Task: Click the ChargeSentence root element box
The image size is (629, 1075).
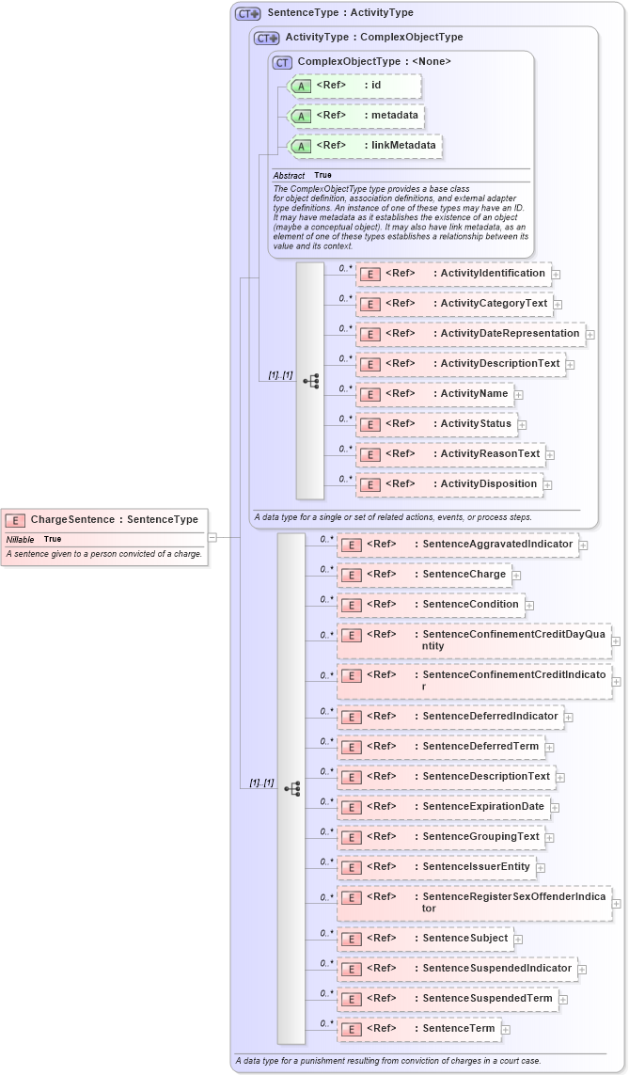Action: coord(103,519)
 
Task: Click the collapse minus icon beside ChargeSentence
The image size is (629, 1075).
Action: coord(212,537)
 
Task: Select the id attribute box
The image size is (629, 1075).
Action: coord(355,87)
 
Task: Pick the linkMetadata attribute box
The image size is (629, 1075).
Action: coord(366,147)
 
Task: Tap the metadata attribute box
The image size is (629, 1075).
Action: coord(356,117)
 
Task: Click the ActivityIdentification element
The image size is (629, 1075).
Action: coord(453,274)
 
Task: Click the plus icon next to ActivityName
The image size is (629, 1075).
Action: coord(519,395)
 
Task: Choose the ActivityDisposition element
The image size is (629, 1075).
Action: coord(449,484)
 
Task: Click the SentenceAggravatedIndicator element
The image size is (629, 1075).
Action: coord(457,545)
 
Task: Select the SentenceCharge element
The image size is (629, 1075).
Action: coord(424,575)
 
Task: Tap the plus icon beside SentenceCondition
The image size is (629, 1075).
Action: coord(529,606)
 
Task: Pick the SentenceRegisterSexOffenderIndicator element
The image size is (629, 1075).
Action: coord(474,903)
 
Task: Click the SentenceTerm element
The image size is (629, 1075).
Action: coord(418,1029)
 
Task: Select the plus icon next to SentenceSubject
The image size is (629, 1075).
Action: coord(519,940)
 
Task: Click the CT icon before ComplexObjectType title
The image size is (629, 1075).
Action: coord(282,62)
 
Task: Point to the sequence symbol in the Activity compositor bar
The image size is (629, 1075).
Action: coord(310,381)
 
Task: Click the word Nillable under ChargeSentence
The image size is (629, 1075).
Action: coord(21,539)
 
